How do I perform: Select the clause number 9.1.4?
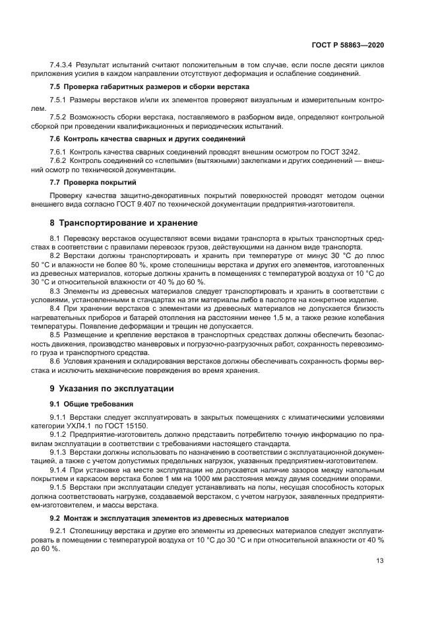pos(59,469)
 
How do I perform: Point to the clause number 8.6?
pos(55,362)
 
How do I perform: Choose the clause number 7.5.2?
pos(59,117)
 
